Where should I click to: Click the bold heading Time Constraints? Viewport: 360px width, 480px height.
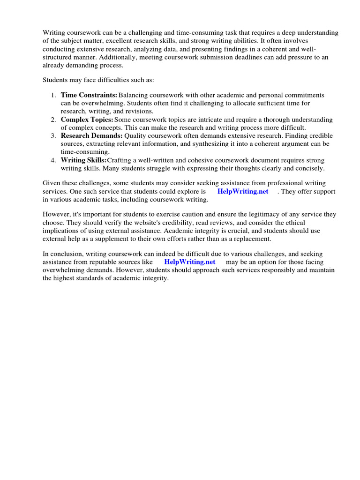pyautogui.click(x=89, y=95)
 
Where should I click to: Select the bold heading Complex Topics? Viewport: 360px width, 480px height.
pyautogui.click(x=87, y=120)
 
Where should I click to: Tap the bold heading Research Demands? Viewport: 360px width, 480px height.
pyautogui.click(x=92, y=136)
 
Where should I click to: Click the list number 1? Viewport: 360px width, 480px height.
pyautogui.click(x=53, y=95)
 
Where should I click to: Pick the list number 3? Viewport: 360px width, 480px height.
pyautogui.click(x=53, y=136)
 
